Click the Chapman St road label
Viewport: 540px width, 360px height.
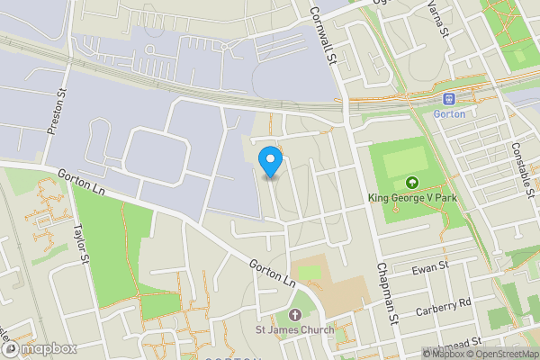388,292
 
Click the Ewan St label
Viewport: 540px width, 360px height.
431,267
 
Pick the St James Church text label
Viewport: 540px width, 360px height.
295,330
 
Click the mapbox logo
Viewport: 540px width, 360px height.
40,347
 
